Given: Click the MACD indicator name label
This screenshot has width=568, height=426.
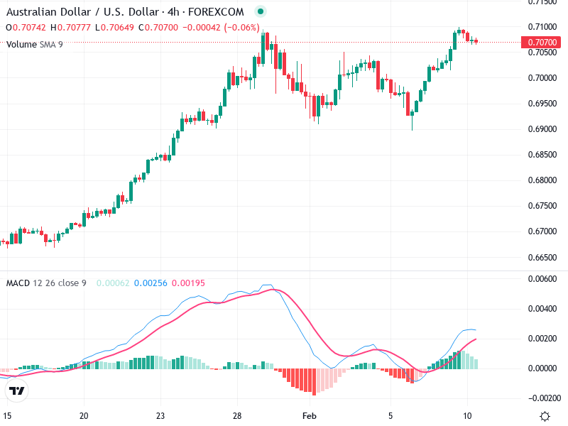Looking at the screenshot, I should click(x=18, y=283).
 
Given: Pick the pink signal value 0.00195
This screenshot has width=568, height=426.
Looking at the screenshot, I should click(x=189, y=283).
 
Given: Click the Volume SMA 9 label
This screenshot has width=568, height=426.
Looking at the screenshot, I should click(x=35, y=44).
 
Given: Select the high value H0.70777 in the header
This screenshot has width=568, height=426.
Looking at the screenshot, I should click(x=70, y=28).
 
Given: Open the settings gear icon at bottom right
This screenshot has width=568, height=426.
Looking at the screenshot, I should click(x=545, y=416).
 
